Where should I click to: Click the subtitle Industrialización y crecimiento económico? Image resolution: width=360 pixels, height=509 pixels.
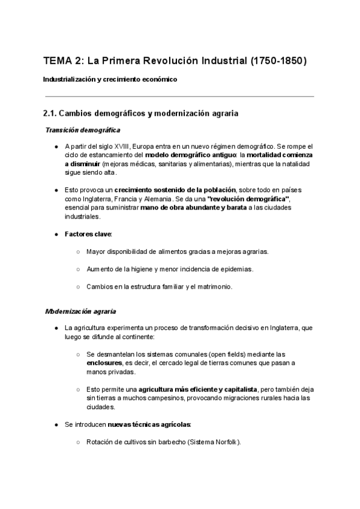click(110, 79)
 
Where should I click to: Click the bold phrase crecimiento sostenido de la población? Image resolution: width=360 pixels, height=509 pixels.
click(176, 190)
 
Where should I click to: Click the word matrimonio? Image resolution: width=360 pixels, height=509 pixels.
click(214, 286)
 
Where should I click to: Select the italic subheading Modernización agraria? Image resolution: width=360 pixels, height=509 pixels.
click(81, 312)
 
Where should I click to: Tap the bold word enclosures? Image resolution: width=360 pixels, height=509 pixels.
click(104, 363)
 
